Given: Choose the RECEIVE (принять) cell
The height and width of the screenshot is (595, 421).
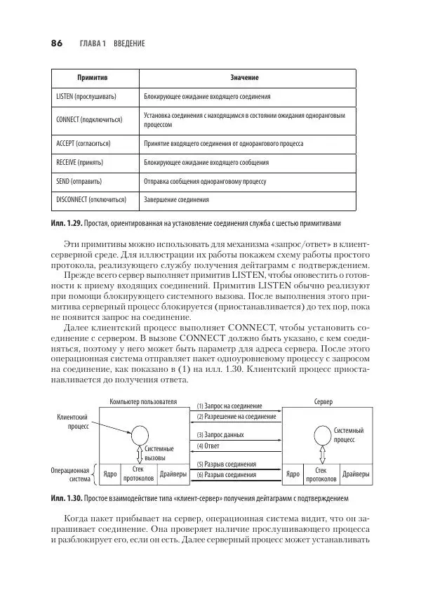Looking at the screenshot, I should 79,162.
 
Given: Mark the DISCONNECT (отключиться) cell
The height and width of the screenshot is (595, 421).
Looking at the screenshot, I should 91,200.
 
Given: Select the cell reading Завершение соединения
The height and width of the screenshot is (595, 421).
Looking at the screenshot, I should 176,200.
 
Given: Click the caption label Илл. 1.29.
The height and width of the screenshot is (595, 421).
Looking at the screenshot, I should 66,224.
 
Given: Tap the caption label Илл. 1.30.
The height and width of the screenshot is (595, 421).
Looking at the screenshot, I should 66,498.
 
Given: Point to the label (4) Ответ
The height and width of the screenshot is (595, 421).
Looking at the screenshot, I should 209,446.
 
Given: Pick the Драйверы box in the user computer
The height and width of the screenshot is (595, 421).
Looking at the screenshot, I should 173,474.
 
